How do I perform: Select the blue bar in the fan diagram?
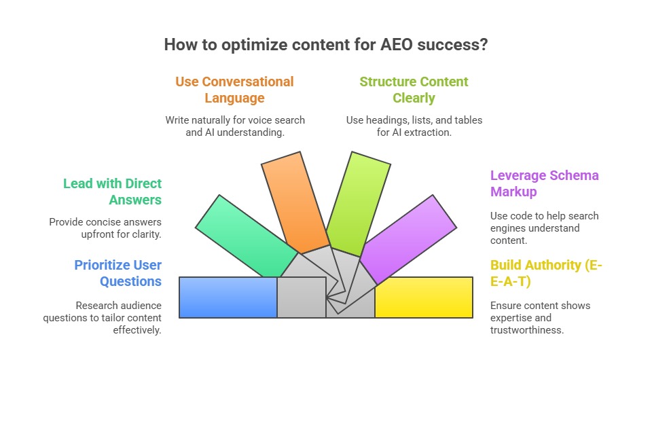coord(228,298)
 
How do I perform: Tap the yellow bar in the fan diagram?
coord(424,298)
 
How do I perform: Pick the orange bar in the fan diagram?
coord(293,201)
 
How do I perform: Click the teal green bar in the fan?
coord(246,234)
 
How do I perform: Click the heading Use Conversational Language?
coord(234,90)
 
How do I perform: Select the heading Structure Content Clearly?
coord(414,90)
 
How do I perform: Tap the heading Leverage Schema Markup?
coord(544,183)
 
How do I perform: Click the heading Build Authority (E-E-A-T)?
coord(545,273)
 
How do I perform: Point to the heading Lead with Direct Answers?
coord(112,192)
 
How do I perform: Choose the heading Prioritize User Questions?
coord(117,273)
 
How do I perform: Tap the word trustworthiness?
coord(527,330)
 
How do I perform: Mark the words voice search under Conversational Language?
coord(277,120)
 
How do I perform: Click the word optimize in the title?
coord(240,46)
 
